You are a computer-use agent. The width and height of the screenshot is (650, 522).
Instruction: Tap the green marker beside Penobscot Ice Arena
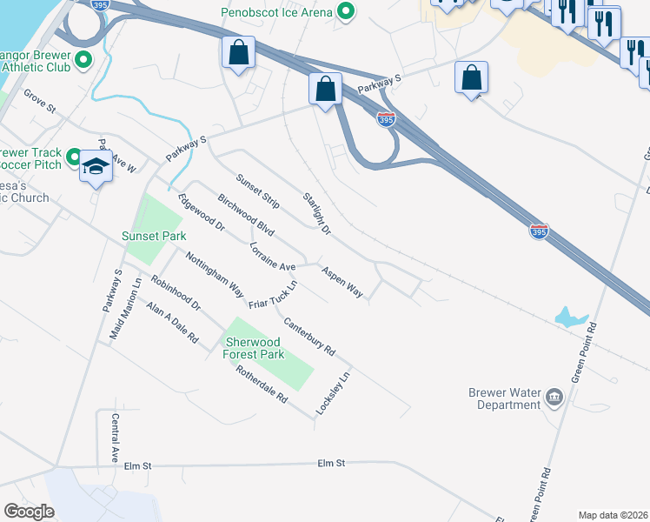coord(346,12)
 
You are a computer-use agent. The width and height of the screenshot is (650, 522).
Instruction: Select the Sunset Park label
coord(154,236)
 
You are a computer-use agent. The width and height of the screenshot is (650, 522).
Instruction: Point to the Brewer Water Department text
coord(505,398)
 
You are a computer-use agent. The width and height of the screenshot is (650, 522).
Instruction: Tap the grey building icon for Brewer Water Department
coord(554,398)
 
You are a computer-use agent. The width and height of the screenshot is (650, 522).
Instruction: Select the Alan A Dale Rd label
coord(172,322)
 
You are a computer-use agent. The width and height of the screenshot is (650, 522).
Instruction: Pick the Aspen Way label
coord(342,283)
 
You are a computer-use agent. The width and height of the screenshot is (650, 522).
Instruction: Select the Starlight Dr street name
coord(316,213)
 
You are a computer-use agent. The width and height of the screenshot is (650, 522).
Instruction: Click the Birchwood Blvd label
coord(246,217)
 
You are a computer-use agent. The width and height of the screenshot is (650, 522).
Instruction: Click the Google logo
coord(30,512)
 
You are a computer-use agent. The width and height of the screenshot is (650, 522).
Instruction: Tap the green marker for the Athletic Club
coord(83,60)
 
